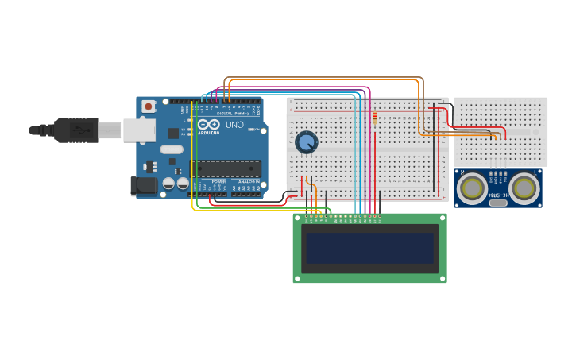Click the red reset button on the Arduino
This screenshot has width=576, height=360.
(x=149, y=106)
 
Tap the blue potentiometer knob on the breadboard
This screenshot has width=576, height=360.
(x=306, y=142)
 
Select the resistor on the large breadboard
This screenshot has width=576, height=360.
(x=375, y=118)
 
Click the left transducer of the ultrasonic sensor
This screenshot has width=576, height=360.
(x=473, y=188)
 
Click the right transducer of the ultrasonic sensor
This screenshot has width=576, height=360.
(x=524, y=188)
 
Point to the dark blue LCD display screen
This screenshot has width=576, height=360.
(x=370, y=248)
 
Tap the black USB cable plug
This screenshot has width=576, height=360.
(x=76, y=130)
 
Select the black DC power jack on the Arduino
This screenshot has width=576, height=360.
(x=143, y=186)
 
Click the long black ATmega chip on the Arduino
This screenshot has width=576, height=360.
(x=226, y=168)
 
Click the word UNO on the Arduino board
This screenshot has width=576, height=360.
(x=235, y=125)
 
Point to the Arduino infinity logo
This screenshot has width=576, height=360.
(x=208, y=124)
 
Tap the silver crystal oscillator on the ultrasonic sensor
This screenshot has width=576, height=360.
(x=498, y=203)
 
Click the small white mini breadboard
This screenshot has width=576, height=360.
(x=501, y=131)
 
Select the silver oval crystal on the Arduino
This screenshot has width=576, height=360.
(x=171, y=149)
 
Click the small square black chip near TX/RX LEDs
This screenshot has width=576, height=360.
(x=173, y=134)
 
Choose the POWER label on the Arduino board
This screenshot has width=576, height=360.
(x=218, y=181)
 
